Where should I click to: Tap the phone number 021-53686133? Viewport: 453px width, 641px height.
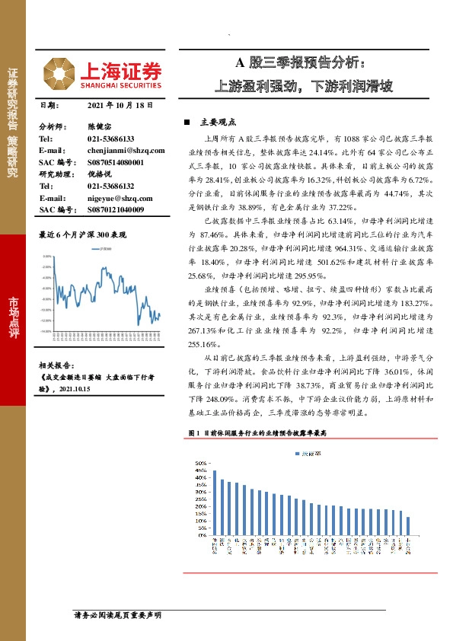110,139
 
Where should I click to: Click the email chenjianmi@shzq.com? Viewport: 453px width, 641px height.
121,151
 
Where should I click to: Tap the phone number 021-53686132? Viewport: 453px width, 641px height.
110,186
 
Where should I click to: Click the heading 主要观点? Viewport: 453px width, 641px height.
217,122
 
